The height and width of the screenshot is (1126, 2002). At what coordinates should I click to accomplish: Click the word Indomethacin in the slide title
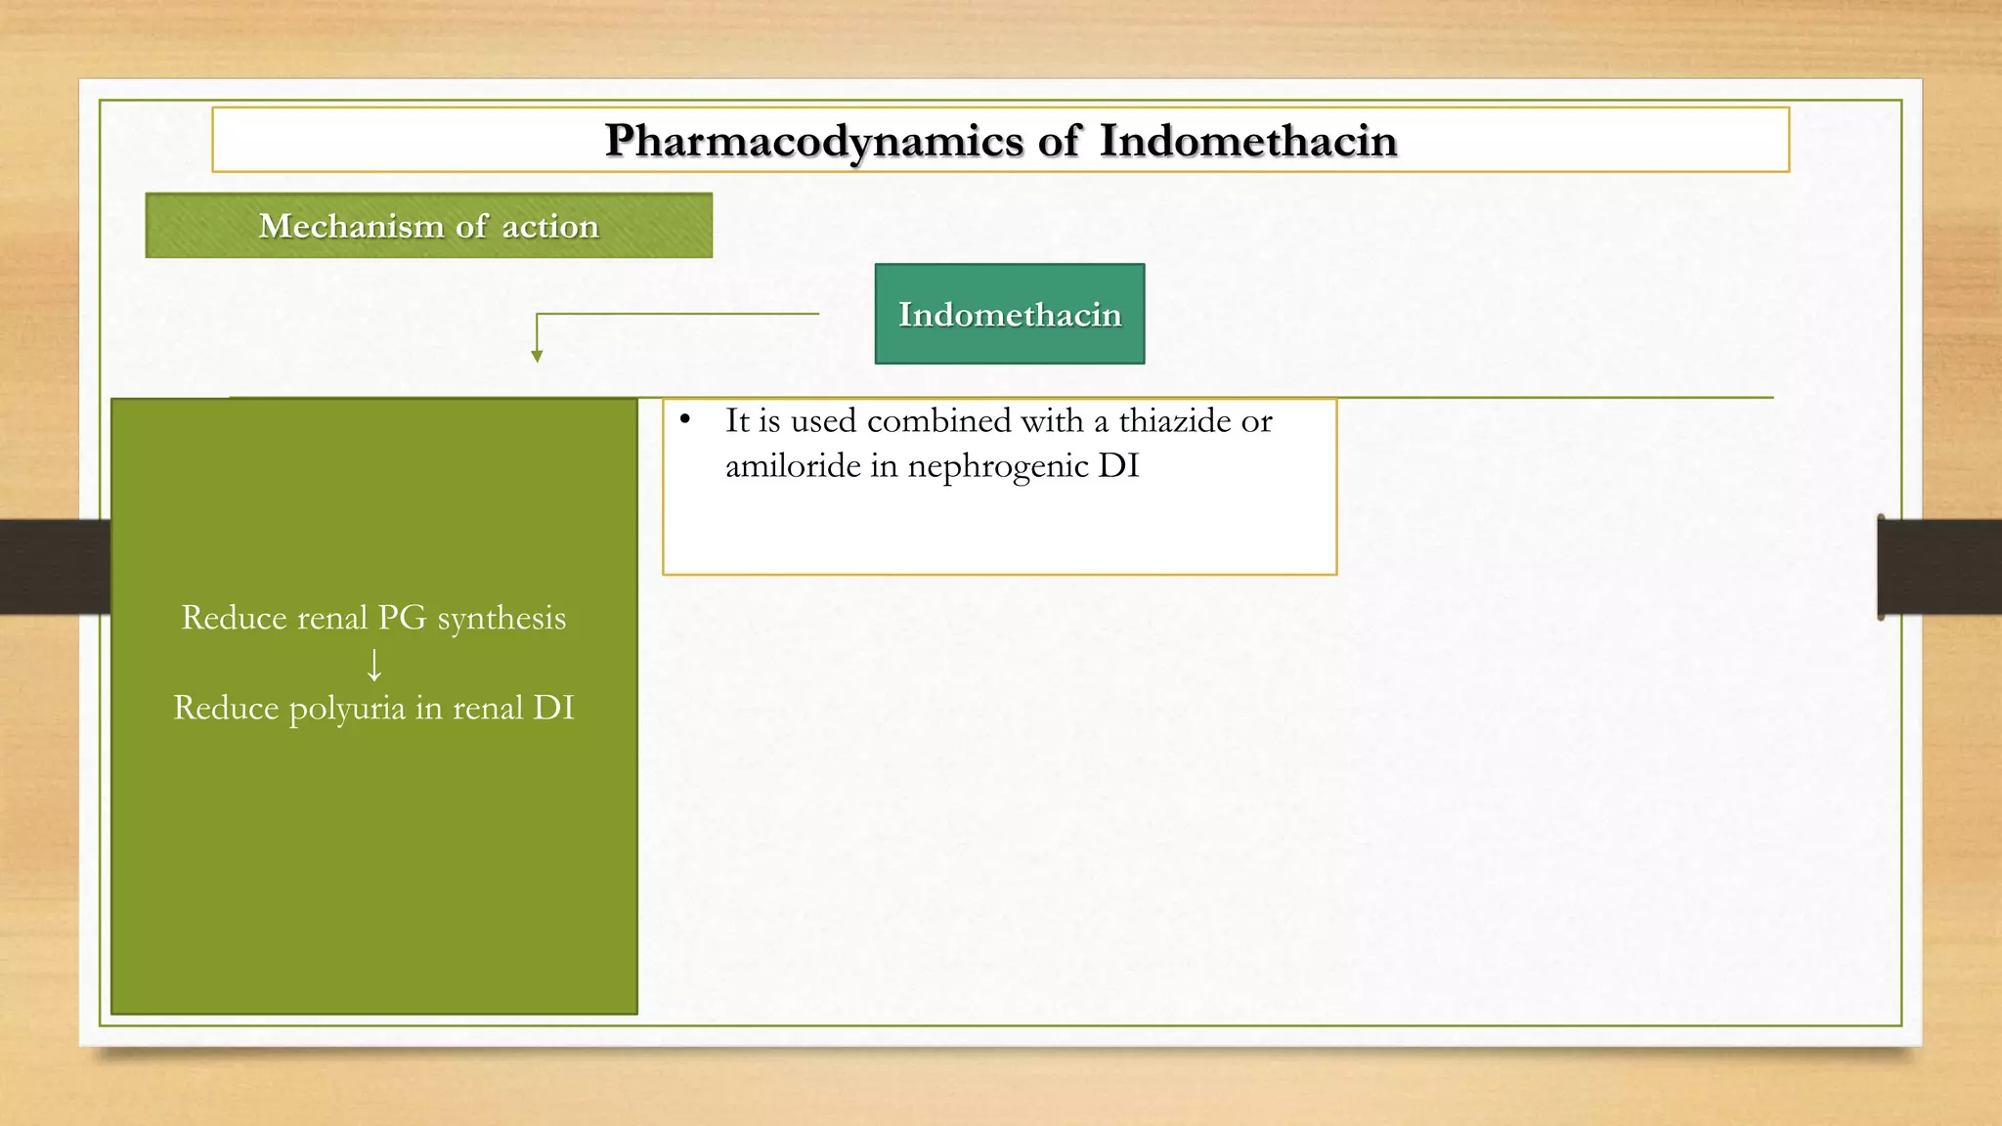tap(1247, 142)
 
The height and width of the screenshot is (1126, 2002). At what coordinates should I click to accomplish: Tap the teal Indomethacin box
tap(1009, 315)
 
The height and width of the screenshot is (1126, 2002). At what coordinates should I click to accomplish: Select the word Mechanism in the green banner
tap(351, 227)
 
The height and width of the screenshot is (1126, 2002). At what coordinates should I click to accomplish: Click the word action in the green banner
tap(549, 227)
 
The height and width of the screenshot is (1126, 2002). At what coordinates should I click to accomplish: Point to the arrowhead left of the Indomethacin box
tap(537, 356)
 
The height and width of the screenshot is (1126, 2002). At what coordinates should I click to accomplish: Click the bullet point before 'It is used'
tap(685, 420)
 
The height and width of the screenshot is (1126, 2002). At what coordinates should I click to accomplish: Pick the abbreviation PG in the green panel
tap(402, 618)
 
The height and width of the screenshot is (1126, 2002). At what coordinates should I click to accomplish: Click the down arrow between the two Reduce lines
tap(373, 665)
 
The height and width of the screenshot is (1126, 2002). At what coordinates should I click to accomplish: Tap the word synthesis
tap(501, 619)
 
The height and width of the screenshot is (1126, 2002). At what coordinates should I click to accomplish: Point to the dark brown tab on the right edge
tap(1938, 567)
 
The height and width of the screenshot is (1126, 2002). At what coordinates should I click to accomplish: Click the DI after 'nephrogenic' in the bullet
tap(1118, 466)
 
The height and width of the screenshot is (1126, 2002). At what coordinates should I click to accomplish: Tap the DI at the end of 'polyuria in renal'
tap(553, 708)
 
